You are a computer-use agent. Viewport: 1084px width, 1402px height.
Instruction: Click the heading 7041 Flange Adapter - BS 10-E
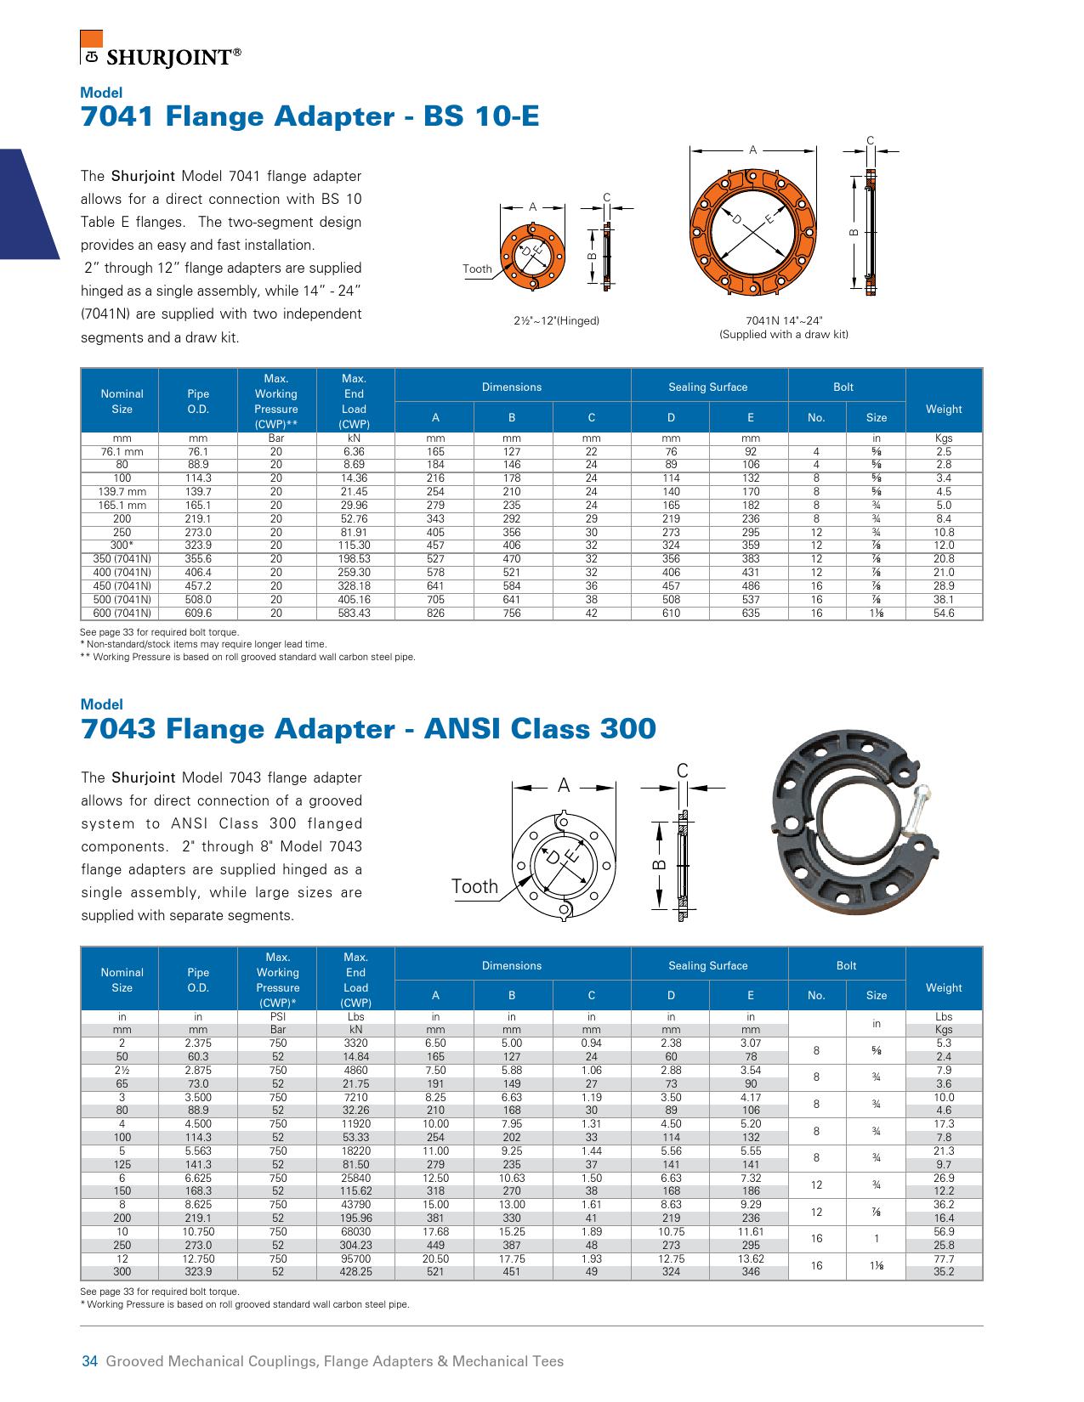(x=309, y=116)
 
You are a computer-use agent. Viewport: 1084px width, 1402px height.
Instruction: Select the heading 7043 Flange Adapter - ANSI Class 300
(x=368, y=728)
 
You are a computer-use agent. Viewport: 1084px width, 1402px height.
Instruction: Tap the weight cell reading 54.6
(x=944, y=613)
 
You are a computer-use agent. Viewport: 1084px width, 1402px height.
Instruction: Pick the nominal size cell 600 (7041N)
(x=122, y=613)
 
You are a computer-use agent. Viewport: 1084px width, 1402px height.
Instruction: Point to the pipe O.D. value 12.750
(x=198, y=1259)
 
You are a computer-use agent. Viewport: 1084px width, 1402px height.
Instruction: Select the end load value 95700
(x=355, y=1259)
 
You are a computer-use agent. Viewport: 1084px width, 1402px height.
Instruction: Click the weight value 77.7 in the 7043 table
(x=944, y=1259)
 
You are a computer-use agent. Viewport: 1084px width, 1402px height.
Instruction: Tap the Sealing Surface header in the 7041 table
(x=708, y=387)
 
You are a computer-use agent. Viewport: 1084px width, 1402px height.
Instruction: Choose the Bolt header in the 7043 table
(x=846, y=966)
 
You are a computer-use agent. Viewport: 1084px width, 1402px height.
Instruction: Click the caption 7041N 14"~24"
(x=784, y=321)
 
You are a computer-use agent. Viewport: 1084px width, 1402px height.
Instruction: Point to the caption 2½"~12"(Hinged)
(x=556, y=321)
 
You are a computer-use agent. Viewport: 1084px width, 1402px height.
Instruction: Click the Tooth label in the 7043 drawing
(x=474, y=886)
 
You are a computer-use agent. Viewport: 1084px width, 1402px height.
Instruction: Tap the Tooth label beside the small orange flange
(x=477, y=269)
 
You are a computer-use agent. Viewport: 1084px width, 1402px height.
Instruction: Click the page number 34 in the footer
(x=89, y=1361)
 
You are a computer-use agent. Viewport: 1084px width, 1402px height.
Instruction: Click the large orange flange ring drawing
(x=753, y=232)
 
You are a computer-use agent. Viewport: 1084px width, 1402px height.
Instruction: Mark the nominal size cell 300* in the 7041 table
(x=122, y=546)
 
